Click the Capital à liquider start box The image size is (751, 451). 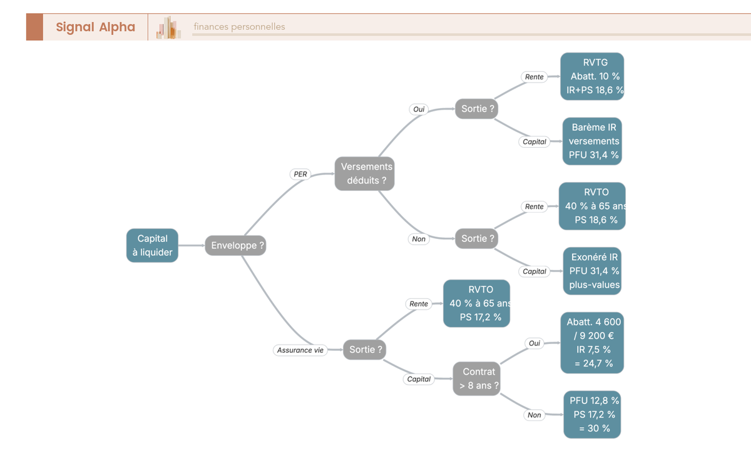pos(152,245)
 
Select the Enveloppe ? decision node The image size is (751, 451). pos(235,245)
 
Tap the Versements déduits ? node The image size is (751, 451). pos(364,173)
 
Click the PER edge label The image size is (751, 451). pos(300,175)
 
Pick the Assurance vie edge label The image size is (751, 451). pos(300,350)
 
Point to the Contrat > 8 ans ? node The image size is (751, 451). pos(476,378)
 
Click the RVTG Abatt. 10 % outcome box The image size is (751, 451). pos(592,76)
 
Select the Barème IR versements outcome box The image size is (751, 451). pos(592,141)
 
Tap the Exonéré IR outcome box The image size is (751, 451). pos(592,271)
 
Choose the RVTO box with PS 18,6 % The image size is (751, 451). pos(592,206)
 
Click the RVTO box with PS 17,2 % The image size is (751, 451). pos(476,303)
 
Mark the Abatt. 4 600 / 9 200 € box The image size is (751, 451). pos(592,343)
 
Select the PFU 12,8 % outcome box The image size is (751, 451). pos(592,415)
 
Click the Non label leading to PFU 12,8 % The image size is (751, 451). pos(534,415)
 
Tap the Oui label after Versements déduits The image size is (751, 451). pos(419,109)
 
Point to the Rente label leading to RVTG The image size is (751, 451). pos(534,77)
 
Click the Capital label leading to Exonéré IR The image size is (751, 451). pos(534,271)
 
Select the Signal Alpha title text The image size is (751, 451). pos(96,27)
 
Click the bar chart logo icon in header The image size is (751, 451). pos(168,28)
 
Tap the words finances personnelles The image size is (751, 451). pos(239,27)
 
